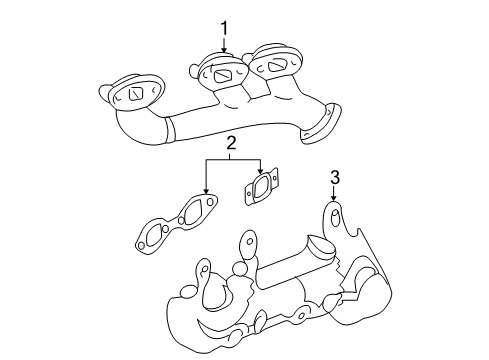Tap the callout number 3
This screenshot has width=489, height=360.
tap(336, 177)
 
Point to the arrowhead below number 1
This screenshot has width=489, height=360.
tap(225, 53)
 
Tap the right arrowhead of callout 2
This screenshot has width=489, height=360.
tap(261, 171)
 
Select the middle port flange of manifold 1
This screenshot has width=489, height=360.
tap(223, 73)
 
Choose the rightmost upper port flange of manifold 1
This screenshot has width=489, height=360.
tap(273, 64)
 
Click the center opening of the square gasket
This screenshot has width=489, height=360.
tap(261, 188)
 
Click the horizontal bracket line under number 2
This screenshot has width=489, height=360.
tap(232, 160)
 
